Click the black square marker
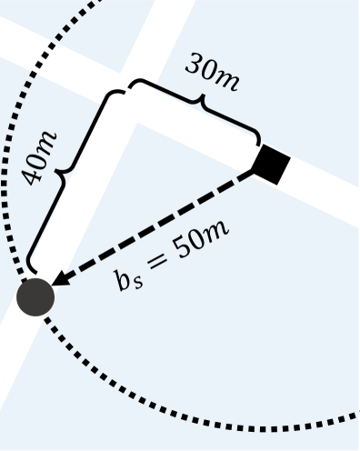pos(271,165)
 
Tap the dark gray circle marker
pos(35,296)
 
